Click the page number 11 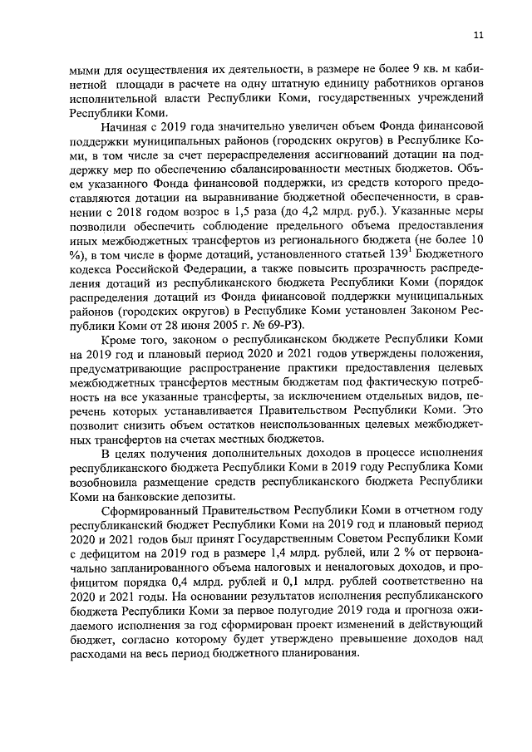click(x=477, y=34)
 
